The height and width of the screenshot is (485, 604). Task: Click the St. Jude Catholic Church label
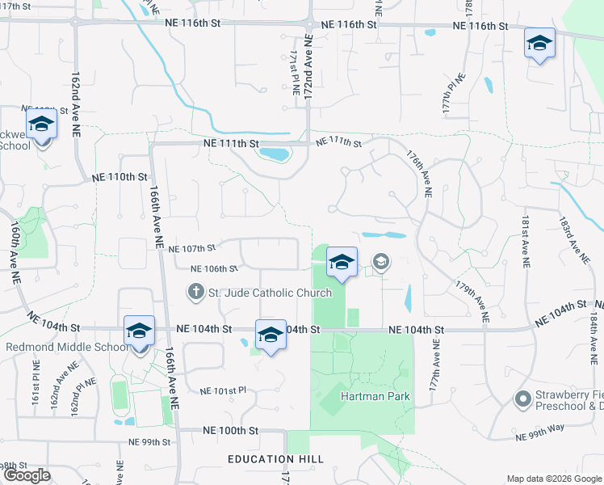point(271,293)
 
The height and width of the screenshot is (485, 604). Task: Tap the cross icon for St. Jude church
point(195,291)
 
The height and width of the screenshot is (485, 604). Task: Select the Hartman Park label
point(375,396)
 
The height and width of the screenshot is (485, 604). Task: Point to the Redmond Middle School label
point(66,348)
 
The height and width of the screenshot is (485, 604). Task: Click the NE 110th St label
point(120,176)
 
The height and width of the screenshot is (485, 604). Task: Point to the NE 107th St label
point(191,248)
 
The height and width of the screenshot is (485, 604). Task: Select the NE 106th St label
point(214,268)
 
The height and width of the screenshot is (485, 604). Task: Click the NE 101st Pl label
point(222,391)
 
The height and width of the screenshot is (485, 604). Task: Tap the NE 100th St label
point(231,431)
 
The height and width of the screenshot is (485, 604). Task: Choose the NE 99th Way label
point(539,436)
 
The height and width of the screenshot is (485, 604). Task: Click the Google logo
point(27,474)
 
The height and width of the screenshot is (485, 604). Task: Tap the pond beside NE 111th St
point(275,154)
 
